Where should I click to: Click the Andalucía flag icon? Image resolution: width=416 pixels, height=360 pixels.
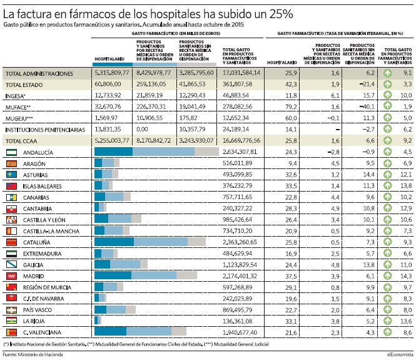[11, 152]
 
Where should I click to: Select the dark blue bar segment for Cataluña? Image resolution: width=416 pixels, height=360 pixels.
[114, 242]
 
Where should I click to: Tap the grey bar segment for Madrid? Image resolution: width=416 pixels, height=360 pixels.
[186, 275]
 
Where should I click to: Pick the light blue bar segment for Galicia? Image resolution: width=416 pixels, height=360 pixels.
[125, 264]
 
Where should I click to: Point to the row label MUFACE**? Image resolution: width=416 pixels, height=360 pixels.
[18, 107]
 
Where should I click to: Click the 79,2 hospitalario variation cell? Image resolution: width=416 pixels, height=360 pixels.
[291, 107]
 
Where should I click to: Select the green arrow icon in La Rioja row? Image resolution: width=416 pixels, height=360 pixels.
[388, 321]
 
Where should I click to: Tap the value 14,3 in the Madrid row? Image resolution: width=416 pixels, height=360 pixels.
[406, 276]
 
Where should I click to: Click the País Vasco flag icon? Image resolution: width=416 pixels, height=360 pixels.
[11, 310]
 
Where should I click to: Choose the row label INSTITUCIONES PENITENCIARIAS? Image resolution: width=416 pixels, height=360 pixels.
[46, 130]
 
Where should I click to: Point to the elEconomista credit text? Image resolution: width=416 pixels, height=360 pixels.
[400, 354]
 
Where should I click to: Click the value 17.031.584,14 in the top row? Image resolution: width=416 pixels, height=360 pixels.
[241, 73]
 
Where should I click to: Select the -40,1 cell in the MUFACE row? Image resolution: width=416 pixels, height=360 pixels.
[367, 107]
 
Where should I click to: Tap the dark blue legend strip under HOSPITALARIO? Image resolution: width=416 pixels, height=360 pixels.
[113, 64]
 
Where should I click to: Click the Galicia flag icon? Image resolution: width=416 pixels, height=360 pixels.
[11, 265]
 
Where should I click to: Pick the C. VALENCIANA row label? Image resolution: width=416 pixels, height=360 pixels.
[42, 332]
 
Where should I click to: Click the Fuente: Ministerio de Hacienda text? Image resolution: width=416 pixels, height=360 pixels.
[33, 354]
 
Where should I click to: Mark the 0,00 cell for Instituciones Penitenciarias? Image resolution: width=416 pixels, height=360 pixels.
[142, 130]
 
